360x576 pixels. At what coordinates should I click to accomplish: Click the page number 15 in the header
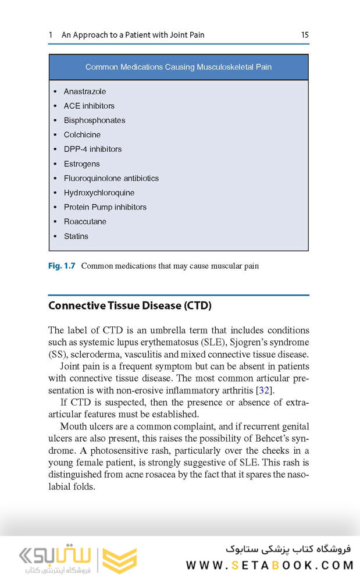point(304,35)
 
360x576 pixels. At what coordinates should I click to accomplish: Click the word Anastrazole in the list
point(85,91)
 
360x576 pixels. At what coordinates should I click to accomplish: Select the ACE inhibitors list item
point(89,106)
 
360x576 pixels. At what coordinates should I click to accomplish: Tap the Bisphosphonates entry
point(94,120)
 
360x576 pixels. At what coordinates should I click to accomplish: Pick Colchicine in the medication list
point(82,134)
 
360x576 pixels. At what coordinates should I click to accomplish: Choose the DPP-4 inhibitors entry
point(92,149)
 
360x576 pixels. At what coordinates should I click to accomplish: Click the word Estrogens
point(81,163)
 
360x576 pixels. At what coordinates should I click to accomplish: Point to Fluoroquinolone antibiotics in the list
point(111,178)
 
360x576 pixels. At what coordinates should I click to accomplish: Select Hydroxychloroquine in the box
point(99,193)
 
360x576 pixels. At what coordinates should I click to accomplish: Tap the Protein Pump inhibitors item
point(105,207)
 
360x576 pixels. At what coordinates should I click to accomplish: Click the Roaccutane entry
point(85,222)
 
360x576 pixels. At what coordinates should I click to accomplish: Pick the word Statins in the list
point(76,236)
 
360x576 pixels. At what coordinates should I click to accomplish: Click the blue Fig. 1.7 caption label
point(61,266)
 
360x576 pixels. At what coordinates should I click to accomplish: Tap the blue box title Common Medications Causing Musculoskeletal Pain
point(178,67)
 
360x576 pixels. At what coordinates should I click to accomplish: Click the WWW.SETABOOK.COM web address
point(270,565)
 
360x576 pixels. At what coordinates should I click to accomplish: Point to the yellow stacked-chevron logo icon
point(120,559)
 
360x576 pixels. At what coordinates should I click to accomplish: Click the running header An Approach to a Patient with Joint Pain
point(133,35)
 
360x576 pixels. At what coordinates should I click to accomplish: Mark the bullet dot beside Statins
point(55,236)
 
